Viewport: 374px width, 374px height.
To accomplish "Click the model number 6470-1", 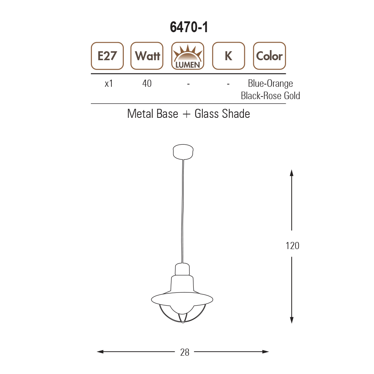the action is [x=189, y=27].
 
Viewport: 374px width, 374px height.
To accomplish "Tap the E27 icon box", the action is [x=107, y=56].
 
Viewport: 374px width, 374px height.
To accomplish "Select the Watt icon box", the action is [x=147, y=56].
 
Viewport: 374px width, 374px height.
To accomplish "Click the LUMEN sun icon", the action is [x=188, y=56].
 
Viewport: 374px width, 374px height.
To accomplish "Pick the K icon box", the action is [x=229, y=56].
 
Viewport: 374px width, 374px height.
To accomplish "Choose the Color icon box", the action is [x=270, y=56].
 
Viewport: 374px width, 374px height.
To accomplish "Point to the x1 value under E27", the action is [x=109, y=83].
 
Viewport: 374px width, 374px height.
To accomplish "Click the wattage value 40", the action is [x=147, y=83].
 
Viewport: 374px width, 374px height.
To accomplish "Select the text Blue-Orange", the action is [x=270, y=83].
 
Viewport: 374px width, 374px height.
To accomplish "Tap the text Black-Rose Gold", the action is [x=270, y=96].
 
